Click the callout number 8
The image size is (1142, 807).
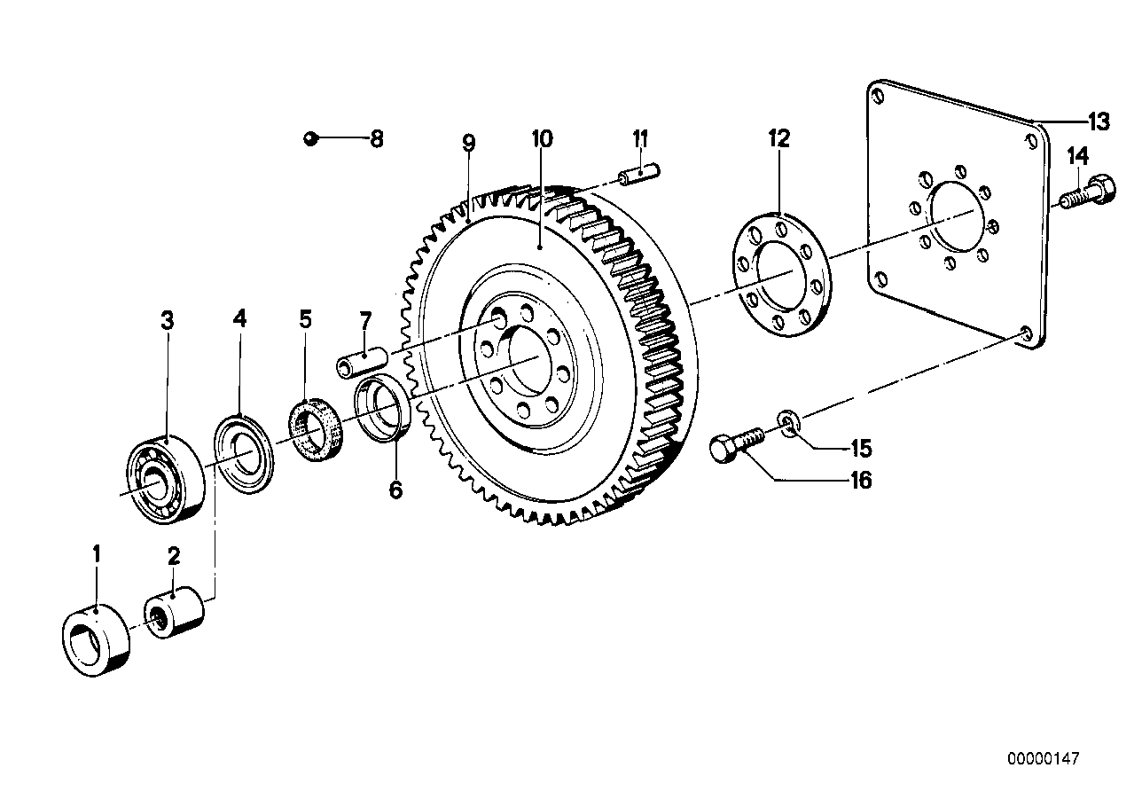[377, 138]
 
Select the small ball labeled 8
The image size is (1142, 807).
[308, 137]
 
